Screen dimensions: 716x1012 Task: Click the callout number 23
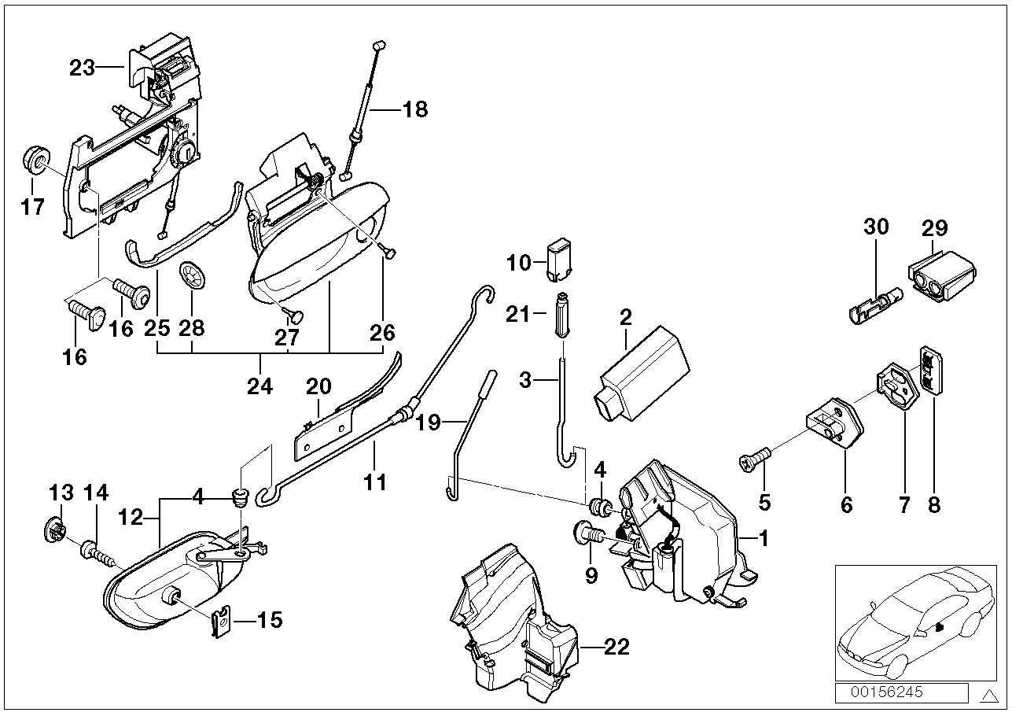(x=82, y=68)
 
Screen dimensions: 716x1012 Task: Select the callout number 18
(x=414, y=109)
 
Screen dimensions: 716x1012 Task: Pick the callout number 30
(x=876, y=227)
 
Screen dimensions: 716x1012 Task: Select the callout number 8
(x=933, y=504)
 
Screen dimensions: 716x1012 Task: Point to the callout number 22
(x=618, y=647)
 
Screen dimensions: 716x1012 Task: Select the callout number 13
(x=61, y=493)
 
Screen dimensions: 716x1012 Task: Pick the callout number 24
(x=260, y=386)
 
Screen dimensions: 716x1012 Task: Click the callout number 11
(x=375, y=481)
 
